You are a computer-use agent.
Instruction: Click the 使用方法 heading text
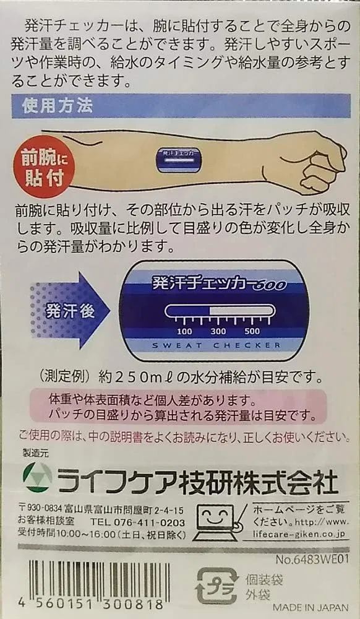tap(57, 106)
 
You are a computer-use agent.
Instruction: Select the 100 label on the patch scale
tap(184, 331)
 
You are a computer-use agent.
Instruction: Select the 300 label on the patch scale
tap(218, 331)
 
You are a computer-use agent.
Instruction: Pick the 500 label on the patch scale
tap(252, 331)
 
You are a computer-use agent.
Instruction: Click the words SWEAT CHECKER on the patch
tap(216, 345)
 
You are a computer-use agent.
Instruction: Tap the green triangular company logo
tap(38, 476)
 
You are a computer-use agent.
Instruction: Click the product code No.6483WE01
tap(312, 560)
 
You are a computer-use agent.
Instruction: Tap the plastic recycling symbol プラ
tap(217, 586)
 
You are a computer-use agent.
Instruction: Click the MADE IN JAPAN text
tap(311, 607)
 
